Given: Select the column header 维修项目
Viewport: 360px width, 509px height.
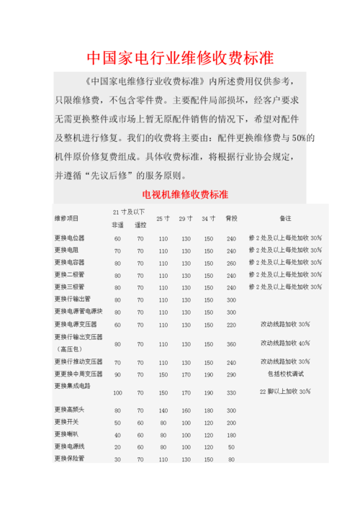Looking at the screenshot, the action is pyautogui.click(x=66, y=218).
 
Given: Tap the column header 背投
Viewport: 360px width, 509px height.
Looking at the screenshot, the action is pyautogui.click(x=231, y=218).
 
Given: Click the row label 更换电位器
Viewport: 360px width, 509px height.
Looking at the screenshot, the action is pyautogui.click(x=69, y=238).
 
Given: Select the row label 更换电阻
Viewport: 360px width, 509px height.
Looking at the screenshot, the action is pyautogui.click(x=66, y=251).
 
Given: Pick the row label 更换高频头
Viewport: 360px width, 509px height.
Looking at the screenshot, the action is pyautogui.click(x=69, y=410).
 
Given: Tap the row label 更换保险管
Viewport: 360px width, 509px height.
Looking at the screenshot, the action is pyautogui.click(x=69, y=459).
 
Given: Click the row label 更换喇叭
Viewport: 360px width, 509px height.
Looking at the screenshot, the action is pyautogui.click(x=66, y=434).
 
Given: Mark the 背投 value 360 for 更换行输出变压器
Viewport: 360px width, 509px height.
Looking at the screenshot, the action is pyautogui.click(x=231, y=344).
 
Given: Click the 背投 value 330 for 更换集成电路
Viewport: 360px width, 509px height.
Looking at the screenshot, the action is pyautogui.click(x=231, y=392).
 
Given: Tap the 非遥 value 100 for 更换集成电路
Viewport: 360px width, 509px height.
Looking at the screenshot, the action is pyautogui.click(x=117, y=392).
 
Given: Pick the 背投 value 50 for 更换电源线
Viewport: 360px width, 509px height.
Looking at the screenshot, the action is pyautogui.click(x=231, y=447).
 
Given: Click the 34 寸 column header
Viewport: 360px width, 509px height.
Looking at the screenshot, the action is pyautogui.click(x=208, y=218).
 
